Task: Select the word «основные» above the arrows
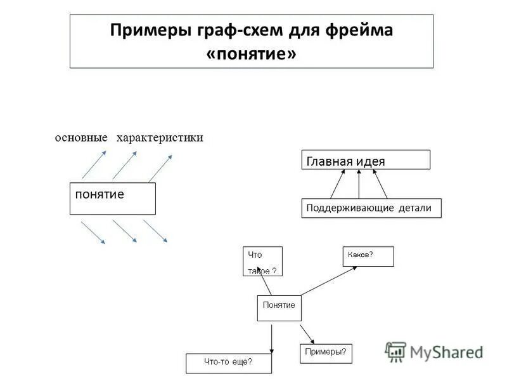[80, 138]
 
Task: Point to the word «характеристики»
[160, 138]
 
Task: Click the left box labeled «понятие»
[112, 198]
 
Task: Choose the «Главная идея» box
[365, 160]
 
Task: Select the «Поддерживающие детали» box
[371, 208]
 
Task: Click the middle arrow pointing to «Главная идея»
[359, 184]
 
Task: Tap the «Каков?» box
[368, 256]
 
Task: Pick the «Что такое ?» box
[262, 261]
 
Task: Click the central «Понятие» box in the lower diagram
[279, 307]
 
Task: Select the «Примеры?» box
[326, 353]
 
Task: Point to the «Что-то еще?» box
[229, 363]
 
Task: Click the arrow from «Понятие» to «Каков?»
[328, 280]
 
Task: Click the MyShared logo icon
[395, 351]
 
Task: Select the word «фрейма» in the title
[360, 30]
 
